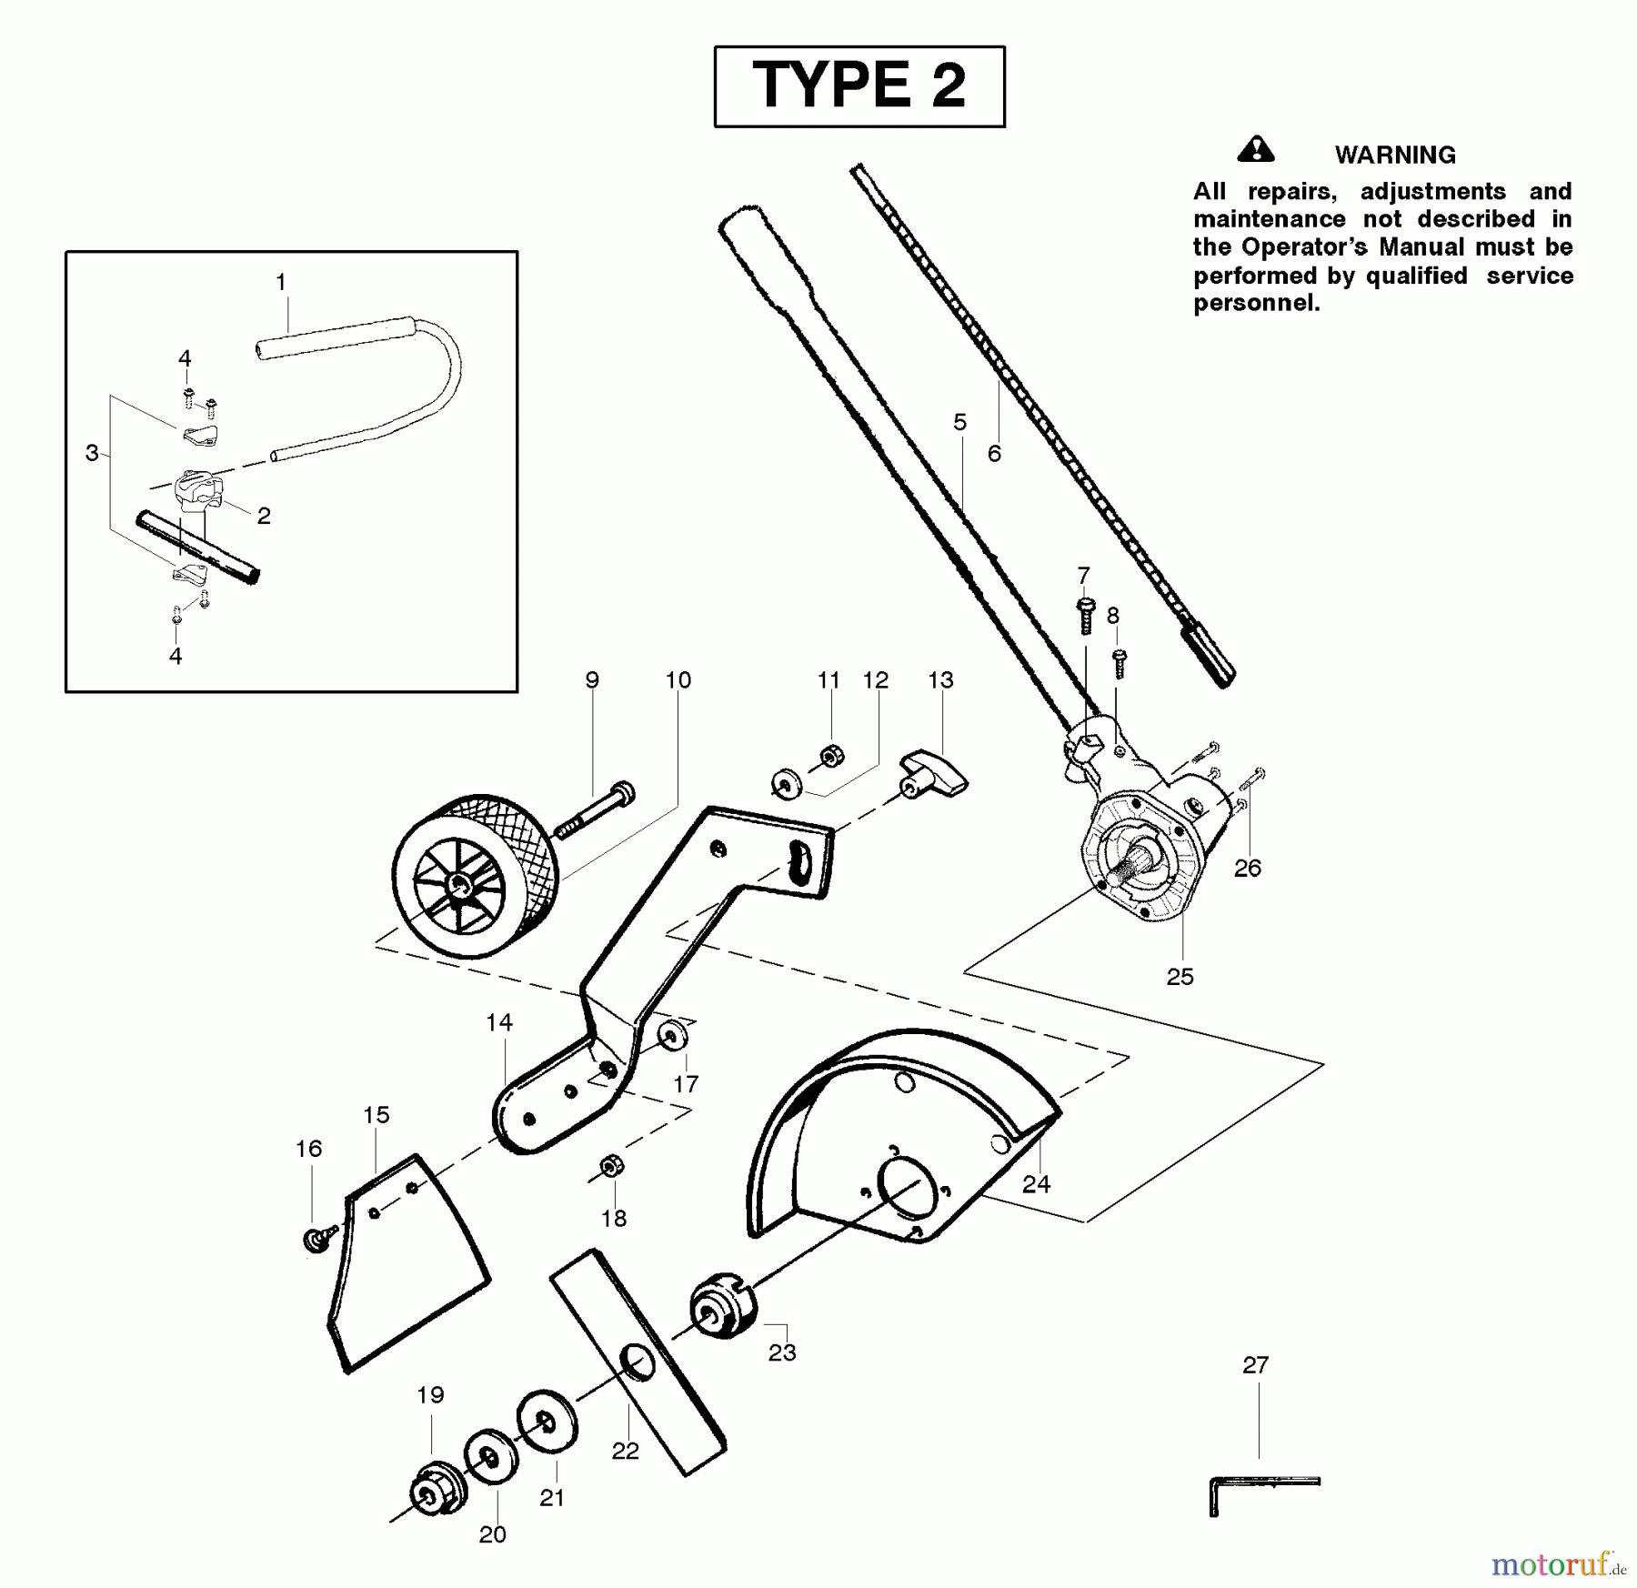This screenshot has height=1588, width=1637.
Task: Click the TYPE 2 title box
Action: tap(859, 86)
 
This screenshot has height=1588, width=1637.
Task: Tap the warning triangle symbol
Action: tap(1256, 149)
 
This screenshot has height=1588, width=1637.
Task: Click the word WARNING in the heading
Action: tap(1394, 156)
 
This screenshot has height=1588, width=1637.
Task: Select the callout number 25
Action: tap(1180, 977)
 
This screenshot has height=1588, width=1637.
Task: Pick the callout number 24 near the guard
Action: tap(1036, 1183)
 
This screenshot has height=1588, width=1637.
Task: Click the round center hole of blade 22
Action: tap(638, 1362)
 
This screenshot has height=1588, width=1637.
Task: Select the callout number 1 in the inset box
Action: tap(281, 282)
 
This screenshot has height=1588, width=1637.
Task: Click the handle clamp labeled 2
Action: tap(198, 488)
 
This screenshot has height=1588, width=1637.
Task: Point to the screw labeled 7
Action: tap(1085, 616)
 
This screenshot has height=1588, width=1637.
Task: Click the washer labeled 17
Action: tap(674, 1035)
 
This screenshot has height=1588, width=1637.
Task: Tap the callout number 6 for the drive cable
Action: tap(994, 453)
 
